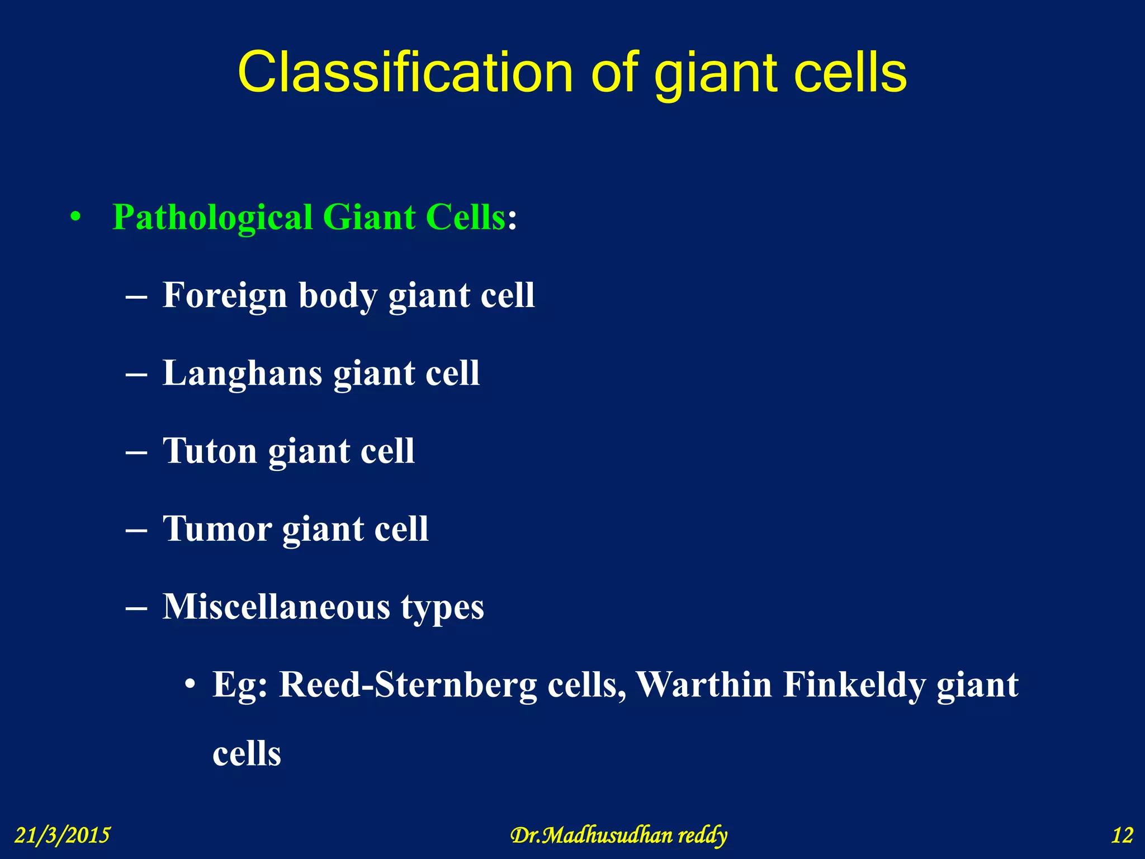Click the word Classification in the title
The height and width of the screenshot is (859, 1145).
405,73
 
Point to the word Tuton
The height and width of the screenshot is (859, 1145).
210,451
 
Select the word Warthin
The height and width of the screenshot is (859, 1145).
704,685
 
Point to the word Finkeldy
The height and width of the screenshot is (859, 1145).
853,685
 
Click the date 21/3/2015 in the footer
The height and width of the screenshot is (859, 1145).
62,835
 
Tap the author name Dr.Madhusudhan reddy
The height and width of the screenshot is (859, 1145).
618,835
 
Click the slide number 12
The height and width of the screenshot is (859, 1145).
1122,835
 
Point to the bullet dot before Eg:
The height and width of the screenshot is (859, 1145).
191,685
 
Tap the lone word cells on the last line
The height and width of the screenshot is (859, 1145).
247,753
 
